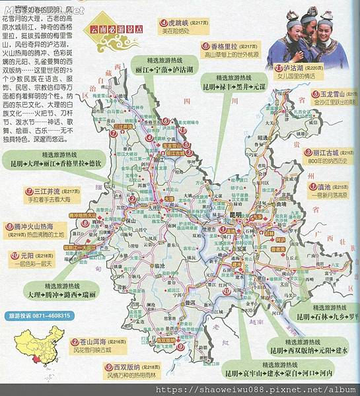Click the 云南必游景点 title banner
click(x=112, y=29)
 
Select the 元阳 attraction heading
click(x=27, y=255)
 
